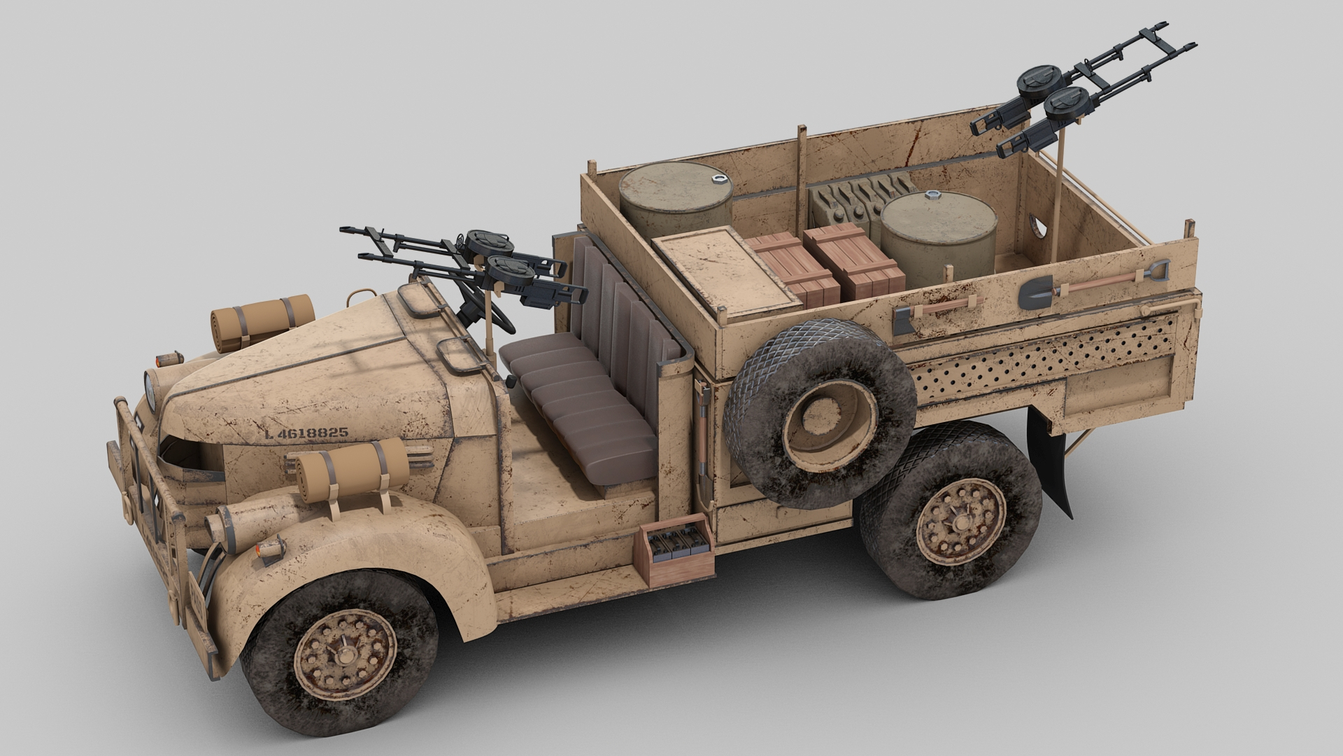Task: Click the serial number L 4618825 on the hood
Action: click(306, 433)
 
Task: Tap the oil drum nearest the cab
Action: click(676, 199)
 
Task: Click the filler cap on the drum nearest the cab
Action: click(718, 179)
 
